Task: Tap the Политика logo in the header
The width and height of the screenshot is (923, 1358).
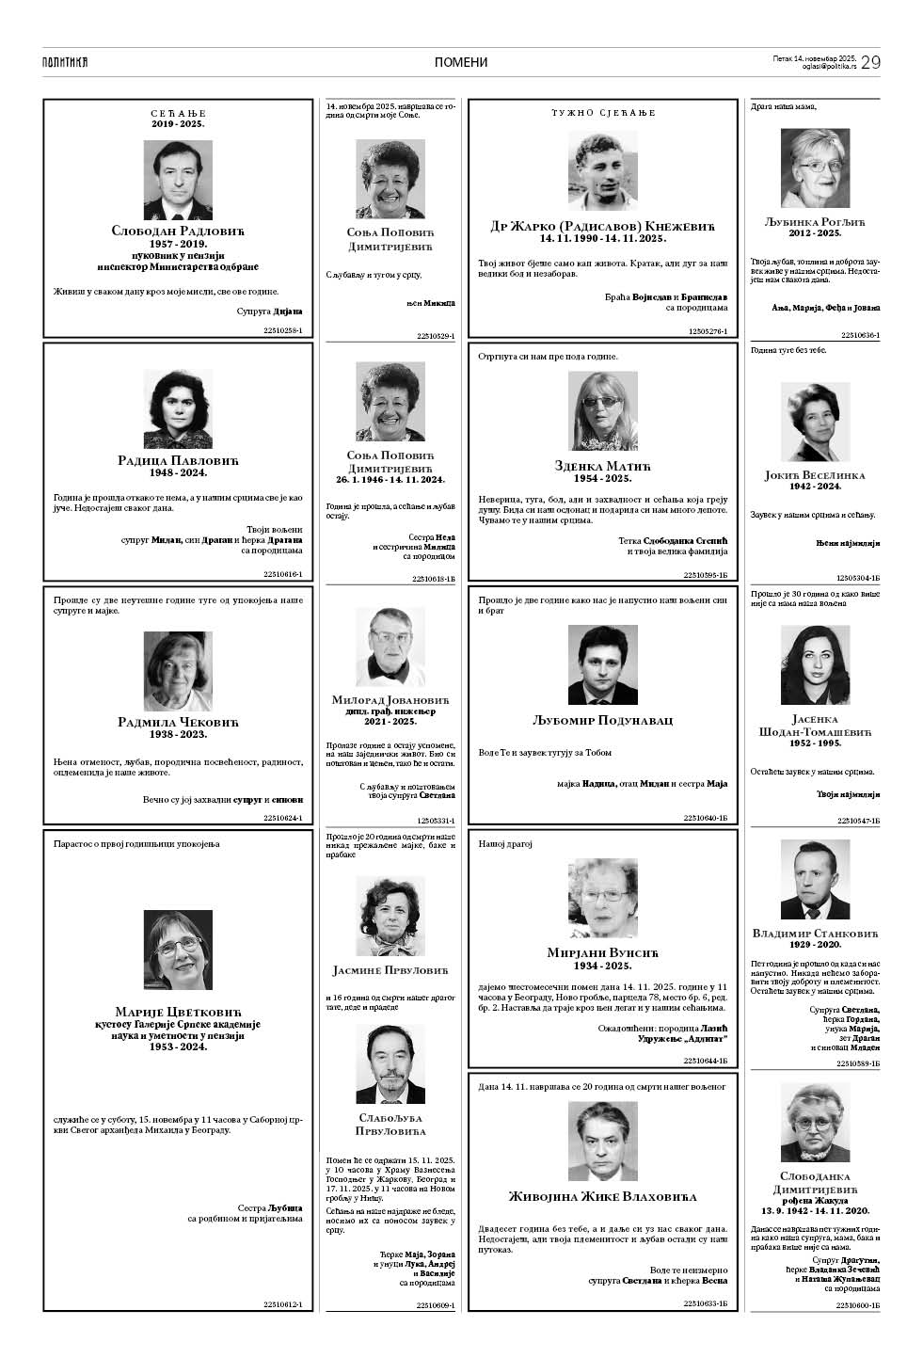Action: point(65,62)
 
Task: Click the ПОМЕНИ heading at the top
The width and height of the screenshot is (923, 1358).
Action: point(461,62)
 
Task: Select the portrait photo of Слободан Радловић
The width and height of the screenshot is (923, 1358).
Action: point(178,180)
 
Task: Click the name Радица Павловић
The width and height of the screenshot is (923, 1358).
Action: point(178,460)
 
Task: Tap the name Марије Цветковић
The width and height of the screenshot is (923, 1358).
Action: point(178,1011)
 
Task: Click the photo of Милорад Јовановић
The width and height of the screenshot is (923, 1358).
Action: point(390,647)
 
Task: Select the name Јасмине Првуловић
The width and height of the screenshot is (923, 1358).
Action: point(390,969)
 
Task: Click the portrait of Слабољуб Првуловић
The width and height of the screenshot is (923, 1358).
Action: point(390,1063)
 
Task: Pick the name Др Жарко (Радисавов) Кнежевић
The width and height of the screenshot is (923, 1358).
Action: point(603,226)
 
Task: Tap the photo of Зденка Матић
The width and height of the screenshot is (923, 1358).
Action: point(603,410)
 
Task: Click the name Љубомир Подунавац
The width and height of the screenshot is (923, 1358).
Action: point(603,721)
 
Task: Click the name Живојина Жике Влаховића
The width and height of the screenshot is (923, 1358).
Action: point(603,1197)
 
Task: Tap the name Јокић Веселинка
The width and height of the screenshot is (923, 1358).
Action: point(815,475)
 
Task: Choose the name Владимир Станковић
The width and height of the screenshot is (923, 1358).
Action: point(815,934)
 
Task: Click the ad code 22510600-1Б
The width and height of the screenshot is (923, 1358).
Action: point(857,1305)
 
